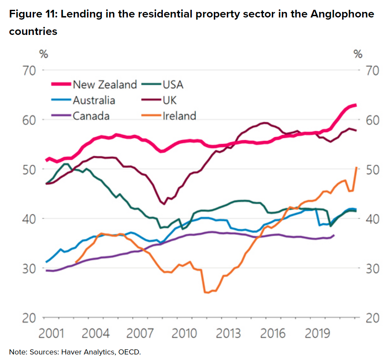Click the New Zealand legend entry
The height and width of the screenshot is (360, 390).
(105, 84)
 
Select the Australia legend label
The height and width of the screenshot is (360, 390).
(94, 100)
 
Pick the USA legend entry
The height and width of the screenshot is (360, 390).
(173, 84)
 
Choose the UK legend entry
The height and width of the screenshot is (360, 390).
(169, 100)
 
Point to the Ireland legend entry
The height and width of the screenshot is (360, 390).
(179, 115)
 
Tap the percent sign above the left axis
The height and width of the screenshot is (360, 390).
(43, 54)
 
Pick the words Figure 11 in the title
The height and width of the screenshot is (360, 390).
(32, 14)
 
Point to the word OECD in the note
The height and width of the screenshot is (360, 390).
(131, 352)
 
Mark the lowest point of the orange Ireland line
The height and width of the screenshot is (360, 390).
(208, 293)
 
